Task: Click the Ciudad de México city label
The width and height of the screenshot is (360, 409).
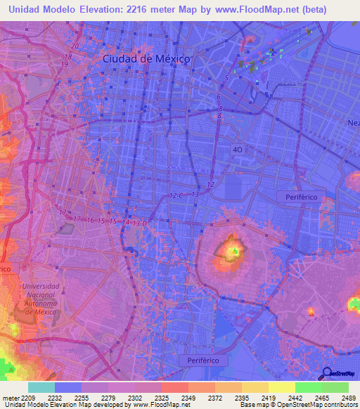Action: click(x=146, y=59)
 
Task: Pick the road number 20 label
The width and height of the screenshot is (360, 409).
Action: click(x=75, y=46)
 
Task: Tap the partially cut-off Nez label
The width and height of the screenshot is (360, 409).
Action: click(x=353, y=122)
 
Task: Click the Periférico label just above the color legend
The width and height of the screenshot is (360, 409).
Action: click(x=203, y=359)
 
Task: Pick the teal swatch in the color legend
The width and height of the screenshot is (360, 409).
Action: click(x=41, y=387)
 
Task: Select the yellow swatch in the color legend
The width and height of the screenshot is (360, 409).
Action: click(x=281, y=387)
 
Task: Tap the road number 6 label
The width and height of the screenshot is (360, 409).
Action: click(x=219, y=96)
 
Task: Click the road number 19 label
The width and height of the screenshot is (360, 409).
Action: click(x=64, y=64)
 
